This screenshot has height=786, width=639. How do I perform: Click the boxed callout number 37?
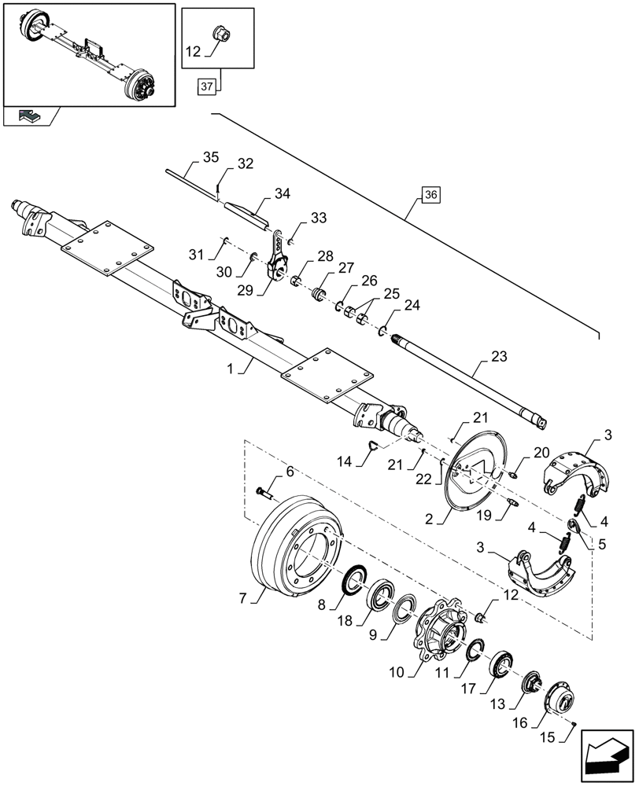pyautogui.click(x=205, y=87)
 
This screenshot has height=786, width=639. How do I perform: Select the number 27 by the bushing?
pyautogui.click(x=347, y=267)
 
